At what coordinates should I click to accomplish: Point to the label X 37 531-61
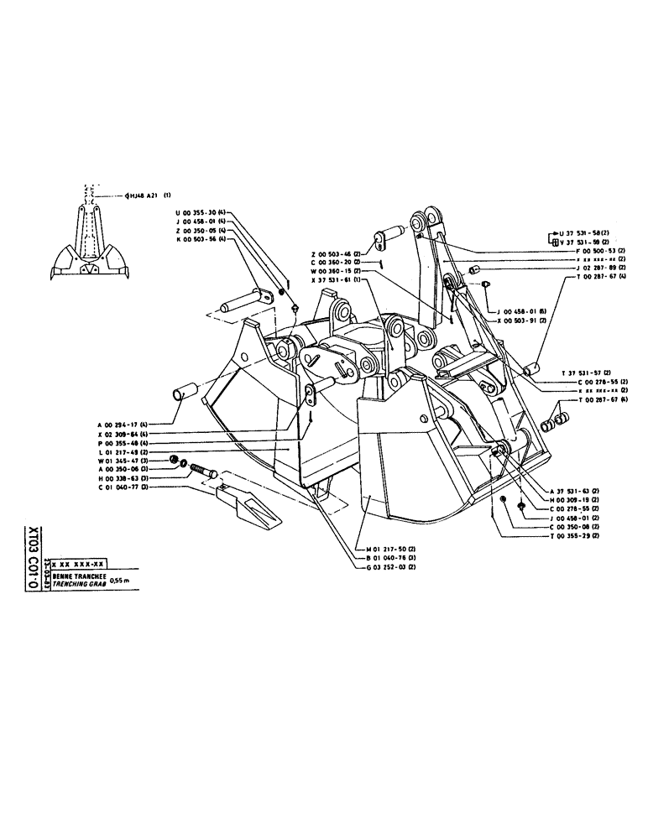click(x=334, y=279)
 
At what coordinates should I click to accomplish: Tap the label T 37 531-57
click(x=583, y=371)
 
